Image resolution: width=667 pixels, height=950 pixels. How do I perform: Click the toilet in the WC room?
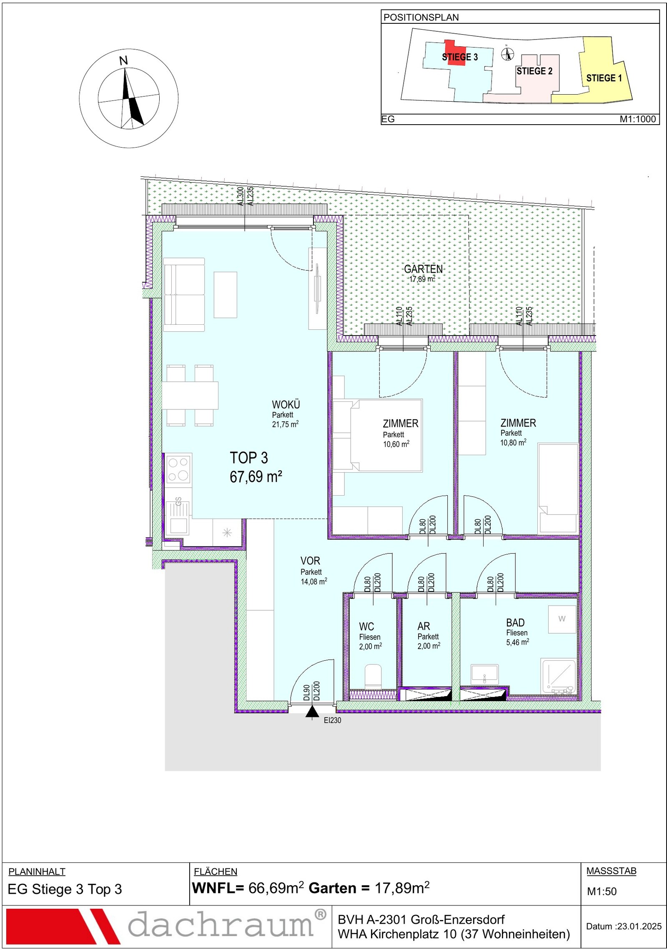pos(373,677)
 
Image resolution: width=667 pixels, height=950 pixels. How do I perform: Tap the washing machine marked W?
pos(562,619)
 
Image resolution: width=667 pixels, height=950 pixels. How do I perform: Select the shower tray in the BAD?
pos(558,676)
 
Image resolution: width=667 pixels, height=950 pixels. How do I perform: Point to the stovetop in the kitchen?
pos(178,469)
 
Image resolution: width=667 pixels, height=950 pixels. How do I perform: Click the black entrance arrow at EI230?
pos(312,712)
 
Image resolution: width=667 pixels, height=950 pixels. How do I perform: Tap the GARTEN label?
pos(424,269)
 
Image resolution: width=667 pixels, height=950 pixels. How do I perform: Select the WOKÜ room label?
pos(286,404)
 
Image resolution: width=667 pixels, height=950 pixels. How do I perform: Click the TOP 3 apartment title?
pos(249,458)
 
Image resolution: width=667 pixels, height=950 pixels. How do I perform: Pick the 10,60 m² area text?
pos(396,444)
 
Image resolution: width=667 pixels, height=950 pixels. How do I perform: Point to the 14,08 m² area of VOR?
pos(314,581)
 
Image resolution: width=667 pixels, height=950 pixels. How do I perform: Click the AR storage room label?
pos(424,626)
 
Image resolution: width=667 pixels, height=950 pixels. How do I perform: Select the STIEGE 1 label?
pos(604,78)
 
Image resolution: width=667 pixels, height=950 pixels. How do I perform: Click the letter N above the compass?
pos(123,61)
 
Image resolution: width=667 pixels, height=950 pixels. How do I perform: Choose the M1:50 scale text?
pos(602,891)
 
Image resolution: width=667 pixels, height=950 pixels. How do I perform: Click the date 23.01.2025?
pos(639,926)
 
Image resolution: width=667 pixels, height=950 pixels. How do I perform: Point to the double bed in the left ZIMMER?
pos(386,435)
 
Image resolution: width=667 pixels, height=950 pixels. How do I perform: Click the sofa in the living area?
pos(184,295)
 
